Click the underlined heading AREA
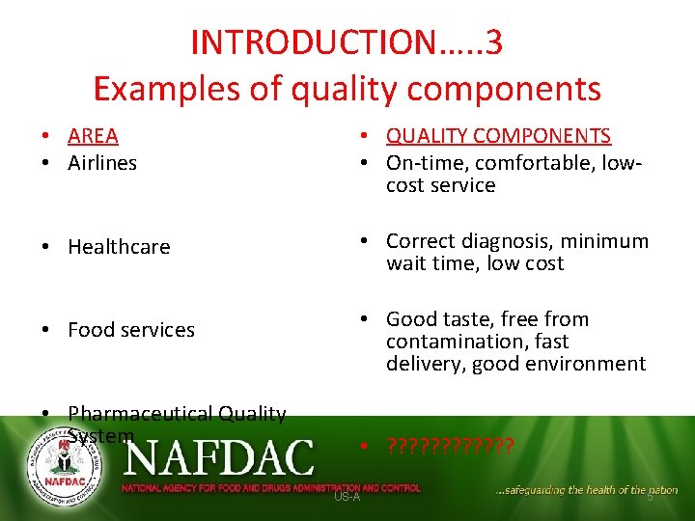93,136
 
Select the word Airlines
102,162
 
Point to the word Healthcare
119,247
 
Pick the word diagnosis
507,241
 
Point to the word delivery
420,364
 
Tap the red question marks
450,446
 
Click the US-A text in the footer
347,496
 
